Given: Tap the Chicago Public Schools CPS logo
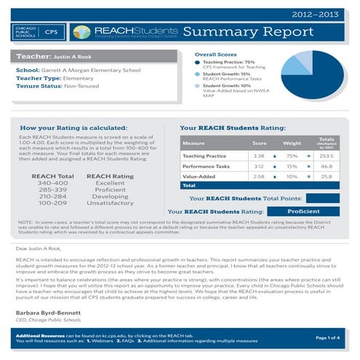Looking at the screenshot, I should [x=37, y=32].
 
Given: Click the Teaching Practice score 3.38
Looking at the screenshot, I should [x=258, y=156].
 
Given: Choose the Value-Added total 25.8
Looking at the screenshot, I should [x=326, y=176].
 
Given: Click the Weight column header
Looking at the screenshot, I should [x=292, y=143].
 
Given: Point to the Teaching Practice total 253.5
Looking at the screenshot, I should [x=326, y=156].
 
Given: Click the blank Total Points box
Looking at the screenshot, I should [x=322, y=198].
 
